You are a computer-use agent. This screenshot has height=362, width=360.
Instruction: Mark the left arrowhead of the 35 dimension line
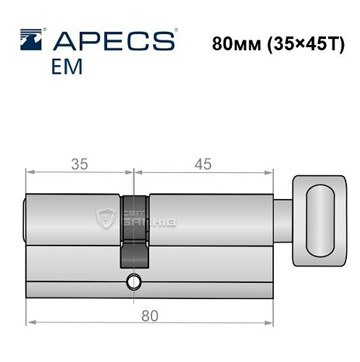(x=29, y=172)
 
